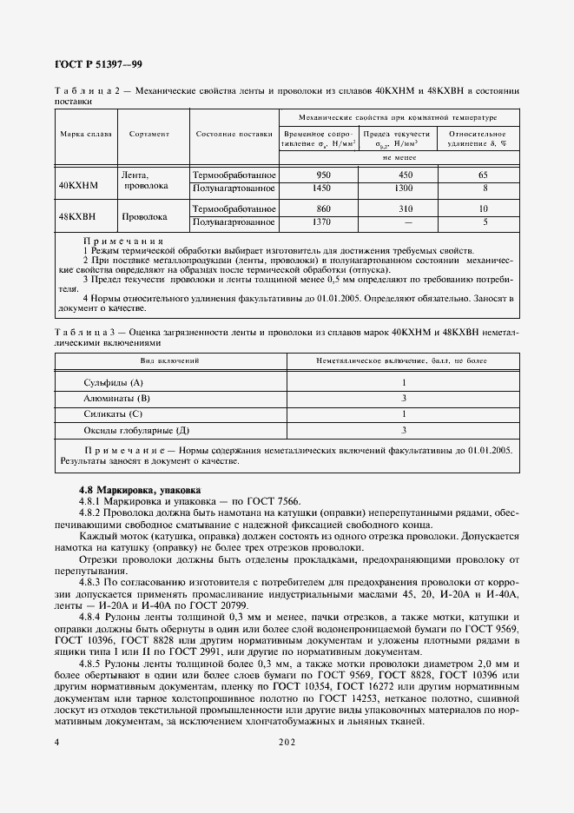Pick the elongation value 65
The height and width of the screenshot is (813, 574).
coord(484,175)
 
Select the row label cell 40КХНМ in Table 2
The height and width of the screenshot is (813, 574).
coord(79,186)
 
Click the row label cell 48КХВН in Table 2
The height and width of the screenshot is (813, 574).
coord(79,216)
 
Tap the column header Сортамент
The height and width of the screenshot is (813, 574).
coord(149,135)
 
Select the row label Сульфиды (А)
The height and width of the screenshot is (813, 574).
coord(113,383)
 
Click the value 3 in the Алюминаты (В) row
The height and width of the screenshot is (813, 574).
coord(404,399)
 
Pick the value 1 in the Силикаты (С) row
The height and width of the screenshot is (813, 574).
coord(404,414)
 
